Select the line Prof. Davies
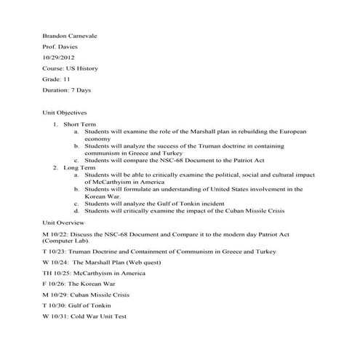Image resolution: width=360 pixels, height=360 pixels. click(60, 47)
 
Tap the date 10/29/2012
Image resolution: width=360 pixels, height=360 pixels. click(59, 57)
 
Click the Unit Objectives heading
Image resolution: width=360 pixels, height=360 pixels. click(65, 113)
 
